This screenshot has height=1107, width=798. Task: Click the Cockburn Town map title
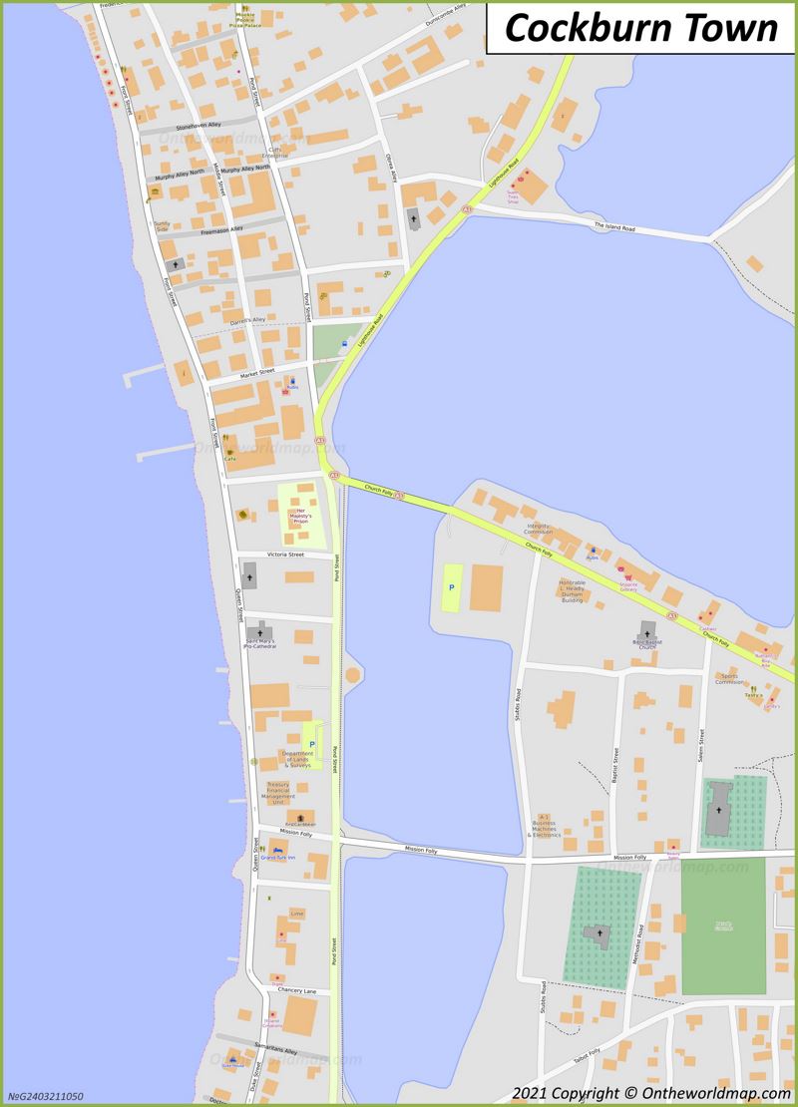click(640, 28)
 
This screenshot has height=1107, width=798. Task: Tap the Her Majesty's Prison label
click(300, 517)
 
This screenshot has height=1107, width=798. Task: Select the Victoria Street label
click(285, 554)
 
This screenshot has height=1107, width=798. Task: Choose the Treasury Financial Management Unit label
click(278, 793)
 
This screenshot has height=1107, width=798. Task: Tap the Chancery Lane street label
click(297, 990)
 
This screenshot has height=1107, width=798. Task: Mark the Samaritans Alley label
click(275, 1051)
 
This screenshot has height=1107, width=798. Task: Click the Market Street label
click(255, 373)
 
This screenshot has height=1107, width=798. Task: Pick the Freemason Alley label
click(221, 230)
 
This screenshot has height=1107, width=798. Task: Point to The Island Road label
click(614, 226)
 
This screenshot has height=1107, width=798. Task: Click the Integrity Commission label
click(539, 529)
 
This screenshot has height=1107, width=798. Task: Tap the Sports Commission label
click(729, 679)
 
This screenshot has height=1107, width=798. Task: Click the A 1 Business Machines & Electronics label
click(545, 825)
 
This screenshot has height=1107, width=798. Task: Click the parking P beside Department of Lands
click(312, 744)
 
